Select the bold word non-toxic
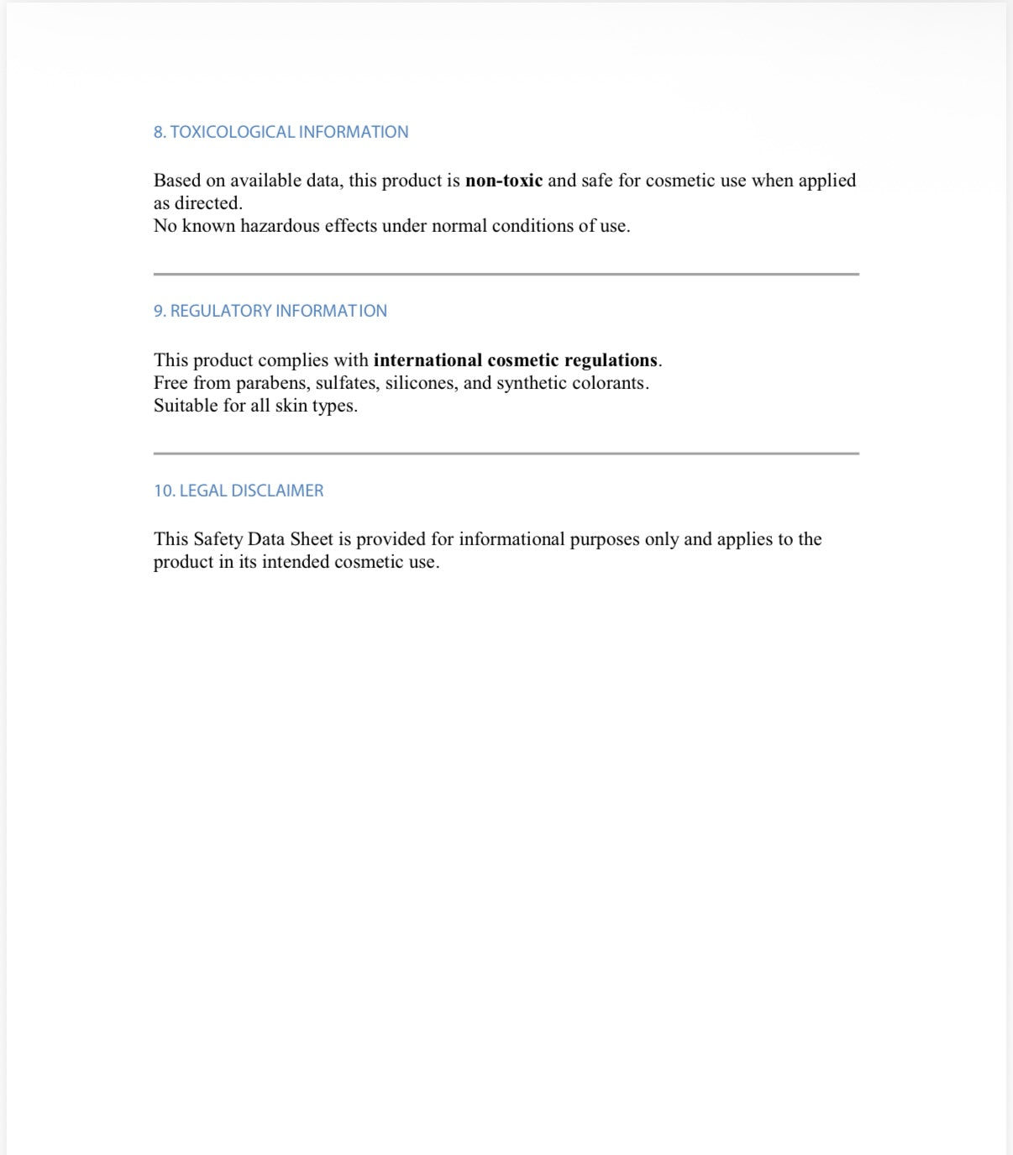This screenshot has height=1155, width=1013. [503, 181]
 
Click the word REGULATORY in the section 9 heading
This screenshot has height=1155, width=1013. [221, 311]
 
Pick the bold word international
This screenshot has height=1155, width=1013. [428, 360]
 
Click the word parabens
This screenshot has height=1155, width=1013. [272, 383]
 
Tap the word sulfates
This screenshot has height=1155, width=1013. [347, 383]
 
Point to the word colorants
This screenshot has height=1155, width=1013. [610, 383]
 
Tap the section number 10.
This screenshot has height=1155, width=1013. [164, 491]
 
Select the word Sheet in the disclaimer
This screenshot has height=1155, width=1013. [312, 539]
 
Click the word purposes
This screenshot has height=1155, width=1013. [604, 539]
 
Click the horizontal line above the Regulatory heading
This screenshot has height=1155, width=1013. [506, 274]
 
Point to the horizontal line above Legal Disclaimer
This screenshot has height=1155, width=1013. [506, 454]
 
